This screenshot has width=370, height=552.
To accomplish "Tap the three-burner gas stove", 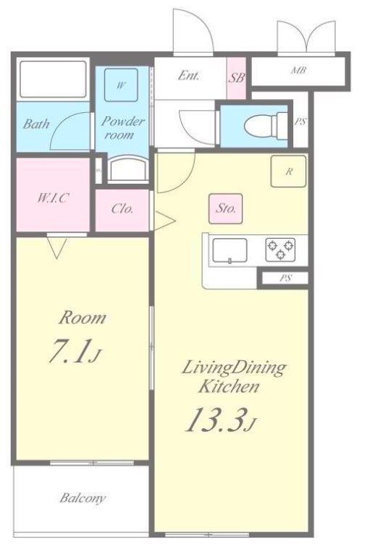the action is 280,250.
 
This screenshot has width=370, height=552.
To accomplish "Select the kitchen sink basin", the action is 230,250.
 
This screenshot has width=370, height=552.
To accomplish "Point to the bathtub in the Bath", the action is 53,79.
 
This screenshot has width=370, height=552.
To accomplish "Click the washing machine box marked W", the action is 121,85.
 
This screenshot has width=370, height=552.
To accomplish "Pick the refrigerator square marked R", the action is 288,171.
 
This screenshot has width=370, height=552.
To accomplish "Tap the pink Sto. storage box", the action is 225,208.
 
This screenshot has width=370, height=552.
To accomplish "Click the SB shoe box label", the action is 236,77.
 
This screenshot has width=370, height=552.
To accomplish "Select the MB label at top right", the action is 298,70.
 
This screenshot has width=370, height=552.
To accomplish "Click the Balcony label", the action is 83,498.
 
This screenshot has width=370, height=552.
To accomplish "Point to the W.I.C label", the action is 53,198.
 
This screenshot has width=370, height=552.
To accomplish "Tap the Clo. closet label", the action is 122,209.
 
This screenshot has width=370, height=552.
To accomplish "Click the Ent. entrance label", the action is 188,75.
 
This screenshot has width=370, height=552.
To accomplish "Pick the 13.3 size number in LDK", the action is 215,420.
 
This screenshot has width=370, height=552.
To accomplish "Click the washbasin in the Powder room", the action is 127,169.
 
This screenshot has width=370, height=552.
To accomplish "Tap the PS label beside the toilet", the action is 300,122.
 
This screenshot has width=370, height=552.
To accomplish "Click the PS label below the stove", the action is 285,278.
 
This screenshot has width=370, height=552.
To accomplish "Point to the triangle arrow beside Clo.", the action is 164,221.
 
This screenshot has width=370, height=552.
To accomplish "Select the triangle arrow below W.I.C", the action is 56,248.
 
